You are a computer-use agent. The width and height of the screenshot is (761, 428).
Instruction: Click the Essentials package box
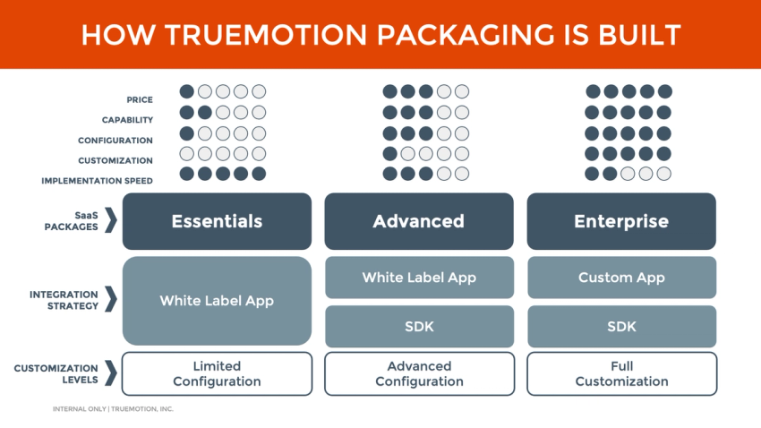coord(217,221)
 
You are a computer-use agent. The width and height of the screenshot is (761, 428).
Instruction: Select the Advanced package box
coord(418,221)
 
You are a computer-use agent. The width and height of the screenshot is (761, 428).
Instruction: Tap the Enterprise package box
coord(620,221)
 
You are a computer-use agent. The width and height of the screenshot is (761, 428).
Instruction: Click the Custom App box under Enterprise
coord(620,278)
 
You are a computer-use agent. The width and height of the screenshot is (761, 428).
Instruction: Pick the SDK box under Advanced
coord(418,326)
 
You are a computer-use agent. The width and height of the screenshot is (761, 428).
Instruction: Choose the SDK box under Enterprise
coord(620,326)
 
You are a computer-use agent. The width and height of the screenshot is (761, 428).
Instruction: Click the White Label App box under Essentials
coord(217,301)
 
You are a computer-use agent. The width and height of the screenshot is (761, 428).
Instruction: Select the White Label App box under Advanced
coord(418,278)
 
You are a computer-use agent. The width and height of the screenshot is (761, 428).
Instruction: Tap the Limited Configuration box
coord(217,373)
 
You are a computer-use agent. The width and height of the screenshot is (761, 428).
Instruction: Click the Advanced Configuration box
coord(418,373)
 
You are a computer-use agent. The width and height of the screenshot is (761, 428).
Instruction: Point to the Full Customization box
coord(620,373)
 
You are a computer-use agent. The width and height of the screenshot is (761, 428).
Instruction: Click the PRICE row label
coord(140,100)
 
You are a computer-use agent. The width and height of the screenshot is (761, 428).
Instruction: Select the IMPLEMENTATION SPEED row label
coord(97,181)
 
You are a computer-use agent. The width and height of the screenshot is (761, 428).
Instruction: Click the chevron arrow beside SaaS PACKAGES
coord(110,220)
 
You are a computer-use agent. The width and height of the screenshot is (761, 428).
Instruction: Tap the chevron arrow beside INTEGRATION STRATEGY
coord(110,299)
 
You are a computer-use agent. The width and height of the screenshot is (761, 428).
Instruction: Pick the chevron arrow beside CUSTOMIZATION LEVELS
coord(110,372)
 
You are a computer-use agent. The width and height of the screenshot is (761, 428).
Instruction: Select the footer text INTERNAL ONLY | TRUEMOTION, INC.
coord(113,409)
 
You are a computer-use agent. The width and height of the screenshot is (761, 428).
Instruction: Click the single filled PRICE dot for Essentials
coord(186,91)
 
